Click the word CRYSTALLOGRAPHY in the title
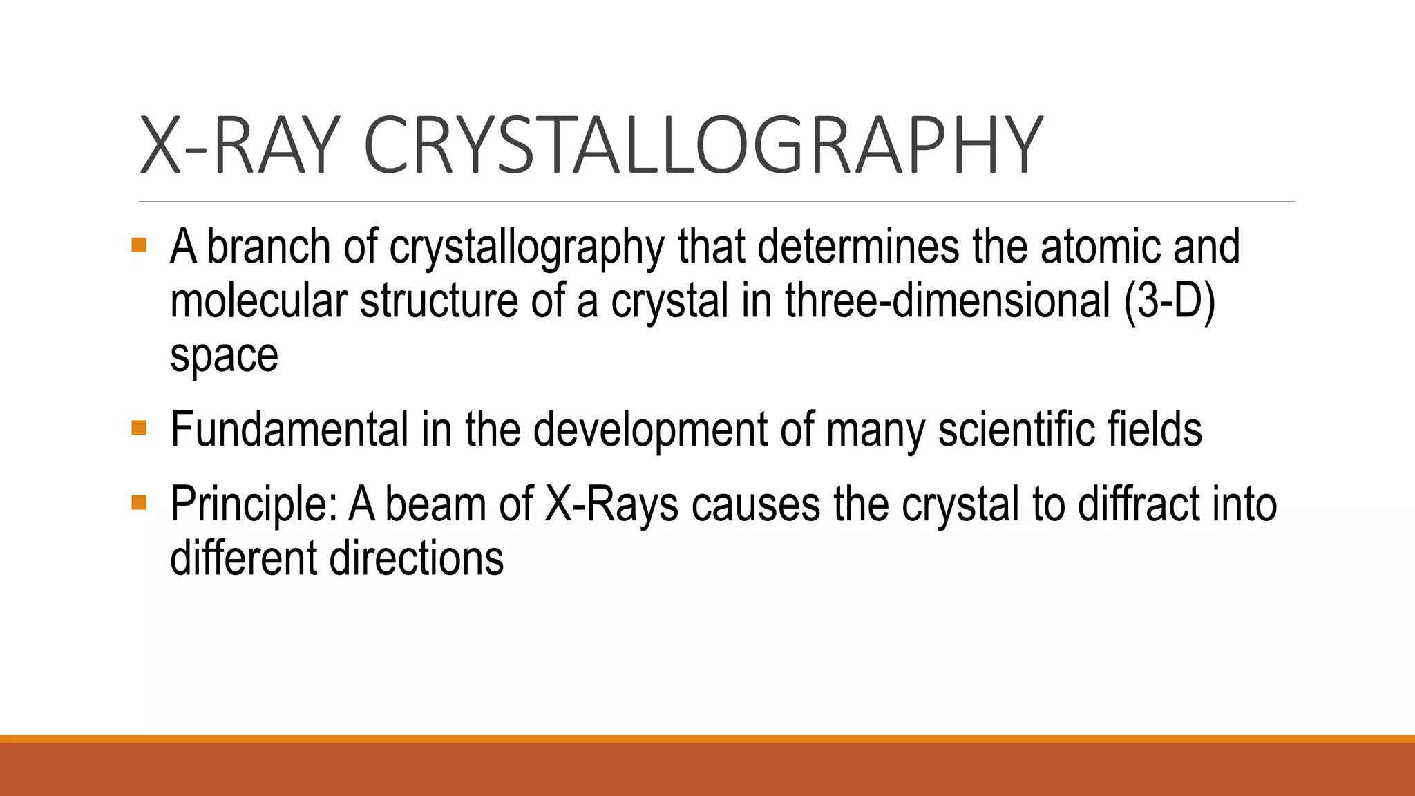pos(702,146)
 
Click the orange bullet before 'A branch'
pos(139,245)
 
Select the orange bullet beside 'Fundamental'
pos(139,428)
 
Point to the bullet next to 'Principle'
pos(139,502)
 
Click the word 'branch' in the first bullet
pos(269,247)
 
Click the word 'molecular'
pos(258,301)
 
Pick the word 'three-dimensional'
pos(947,301)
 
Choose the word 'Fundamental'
pos(289,429)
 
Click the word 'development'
pos(650,429)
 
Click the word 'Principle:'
pos(254,504)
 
